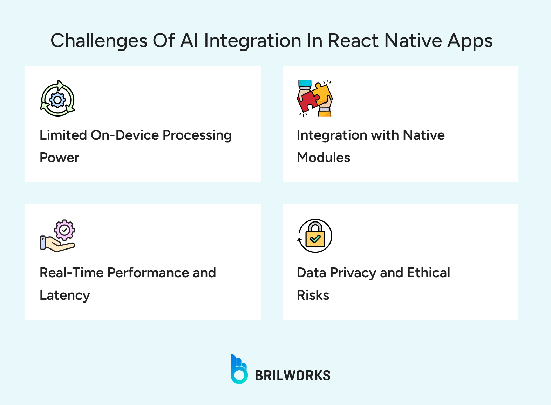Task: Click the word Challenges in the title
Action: pos(99,41)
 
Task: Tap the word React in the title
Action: pos(353,40)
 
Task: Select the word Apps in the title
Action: pos(470,41)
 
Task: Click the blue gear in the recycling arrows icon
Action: pos(57,100)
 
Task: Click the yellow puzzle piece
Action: pos(322,94)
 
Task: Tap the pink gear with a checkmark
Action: pos(64,230)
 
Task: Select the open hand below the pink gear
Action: pos(57,244)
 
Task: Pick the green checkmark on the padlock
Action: pos(315,239)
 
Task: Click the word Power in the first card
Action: pos(60,158)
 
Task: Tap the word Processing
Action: pos(197,136)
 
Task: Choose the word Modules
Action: pos(324,158)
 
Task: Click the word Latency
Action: pos(65,296)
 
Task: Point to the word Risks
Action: pos(313,295)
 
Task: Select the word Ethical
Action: pos(429,272)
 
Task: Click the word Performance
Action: pos(148,273)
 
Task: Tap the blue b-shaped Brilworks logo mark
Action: pos(239,369)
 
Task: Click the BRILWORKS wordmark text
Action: pos(293,376)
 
